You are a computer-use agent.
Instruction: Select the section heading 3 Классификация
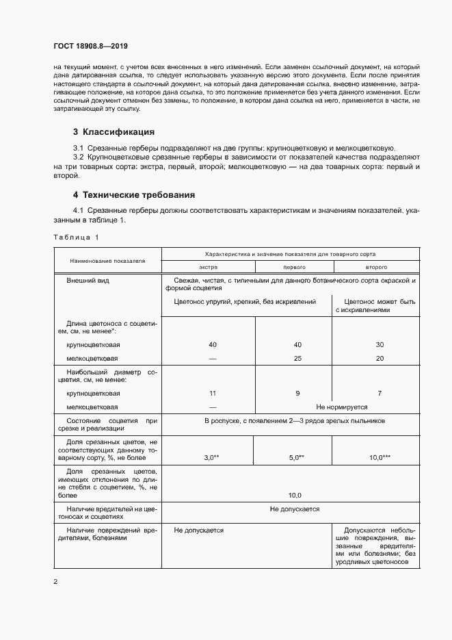tap(114, 131)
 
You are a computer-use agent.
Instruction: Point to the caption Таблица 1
tap(76, 237)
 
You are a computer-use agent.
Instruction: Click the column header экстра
tap(208, 267)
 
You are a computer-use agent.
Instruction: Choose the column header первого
tap(293, 267)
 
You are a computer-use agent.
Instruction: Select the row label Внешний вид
tap(87, 281)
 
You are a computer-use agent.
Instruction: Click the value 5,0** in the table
tap(295, 457)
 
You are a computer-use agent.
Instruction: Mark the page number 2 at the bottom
tap(55, 582)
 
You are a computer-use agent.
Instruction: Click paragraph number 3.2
tap(79, 157)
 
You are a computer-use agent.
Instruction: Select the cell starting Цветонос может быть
tap(375, 305)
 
